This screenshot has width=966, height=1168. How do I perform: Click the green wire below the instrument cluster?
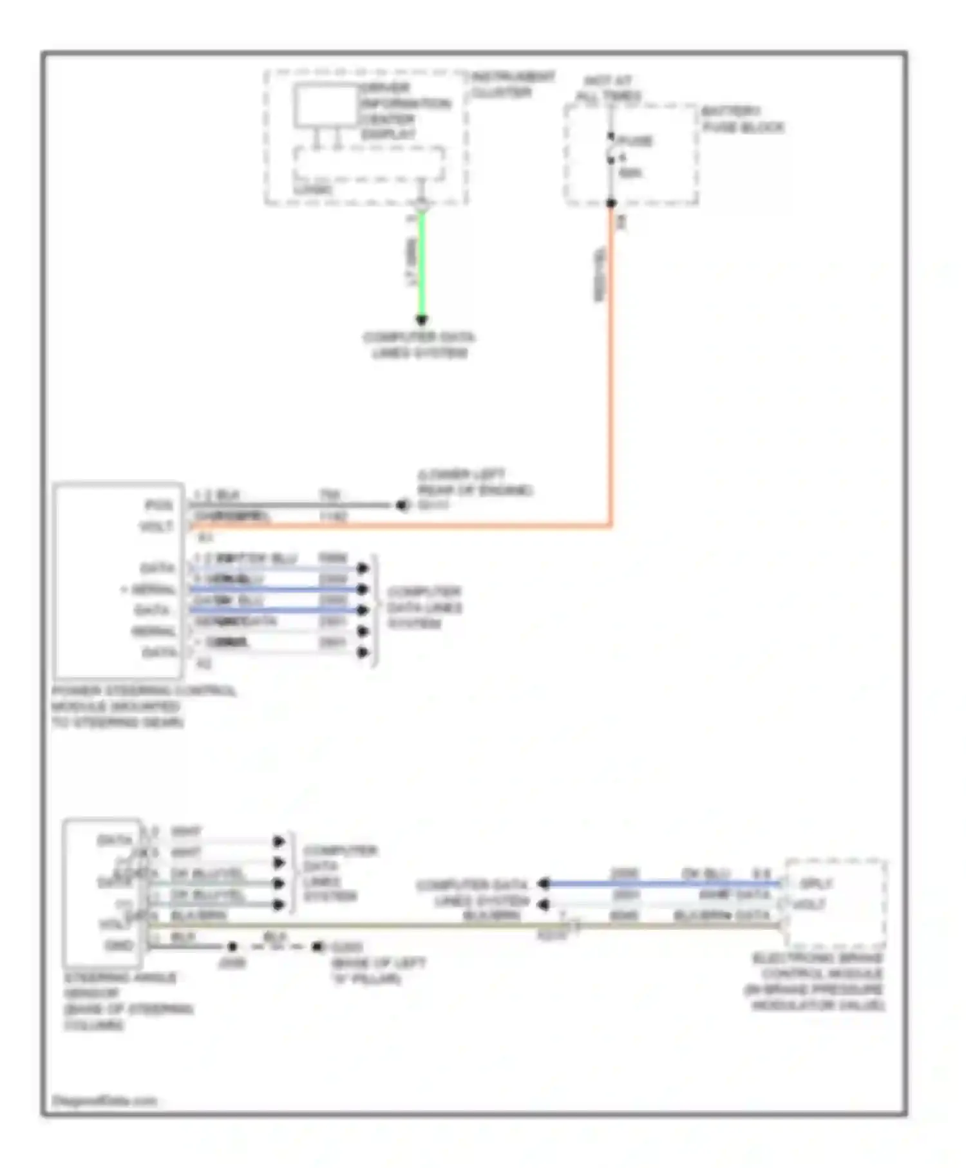(422, 264)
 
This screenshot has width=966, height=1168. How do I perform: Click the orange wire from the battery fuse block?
(611, 386)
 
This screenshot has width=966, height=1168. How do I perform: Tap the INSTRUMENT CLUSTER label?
(512, 84)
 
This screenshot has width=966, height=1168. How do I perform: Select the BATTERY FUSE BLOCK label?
(742, 119)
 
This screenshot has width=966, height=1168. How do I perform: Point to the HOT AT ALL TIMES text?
(608, 89)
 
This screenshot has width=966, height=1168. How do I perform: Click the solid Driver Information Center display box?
(325, 106)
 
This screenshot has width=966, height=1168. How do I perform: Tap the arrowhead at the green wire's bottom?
(422, 319)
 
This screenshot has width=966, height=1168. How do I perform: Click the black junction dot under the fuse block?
(611, 203)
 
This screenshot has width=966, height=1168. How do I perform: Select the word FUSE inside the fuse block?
(635, 140)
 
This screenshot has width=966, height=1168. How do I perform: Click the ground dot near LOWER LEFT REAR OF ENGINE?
(402, 505)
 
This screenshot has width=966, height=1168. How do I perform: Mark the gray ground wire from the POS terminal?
(290, 505)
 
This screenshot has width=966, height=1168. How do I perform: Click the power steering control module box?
(118, 579)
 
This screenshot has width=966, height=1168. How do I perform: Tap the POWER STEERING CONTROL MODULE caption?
(143, 706)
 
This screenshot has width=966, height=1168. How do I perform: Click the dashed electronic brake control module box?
(836, 901)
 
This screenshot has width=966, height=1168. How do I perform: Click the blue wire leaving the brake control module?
(663, 883)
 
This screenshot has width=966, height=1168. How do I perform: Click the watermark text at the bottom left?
(104, 1100)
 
